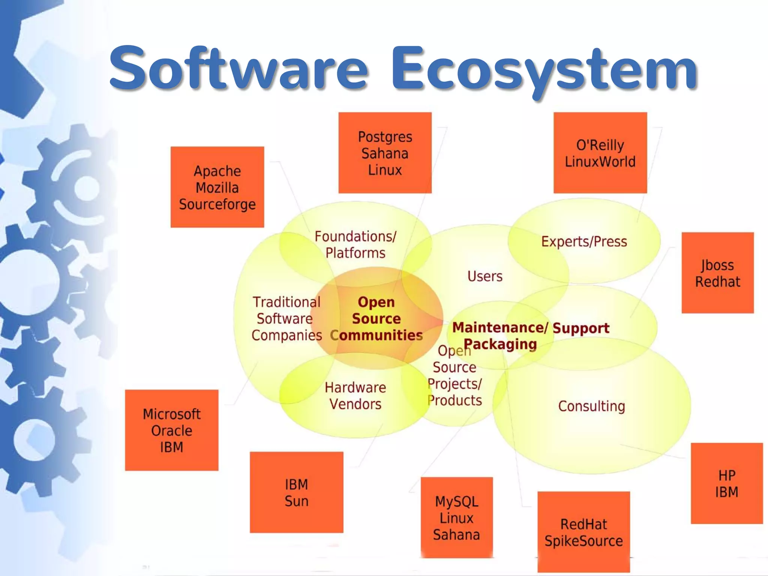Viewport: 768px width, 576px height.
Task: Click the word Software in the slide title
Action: tap(239, 69)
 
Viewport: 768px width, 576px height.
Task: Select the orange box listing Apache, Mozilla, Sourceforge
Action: tap(217, 187)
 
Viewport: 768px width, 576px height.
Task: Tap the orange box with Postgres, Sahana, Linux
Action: tap(385, 153)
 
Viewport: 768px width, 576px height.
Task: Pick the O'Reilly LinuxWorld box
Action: tap(600, 153)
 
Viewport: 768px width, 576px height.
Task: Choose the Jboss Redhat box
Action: tap(717, 273)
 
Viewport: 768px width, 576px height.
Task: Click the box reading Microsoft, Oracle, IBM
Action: tap(171, 430)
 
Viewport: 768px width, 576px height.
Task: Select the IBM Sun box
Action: tap(296, 492)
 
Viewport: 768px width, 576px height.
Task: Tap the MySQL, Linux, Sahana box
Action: tap(456, 518)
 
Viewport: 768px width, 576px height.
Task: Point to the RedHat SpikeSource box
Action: tap(583, 532)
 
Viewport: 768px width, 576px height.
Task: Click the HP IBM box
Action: tap(726, 483)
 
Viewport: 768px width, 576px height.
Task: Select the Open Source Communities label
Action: tap(376, 319)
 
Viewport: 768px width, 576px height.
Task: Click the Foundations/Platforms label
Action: tap(355, 244)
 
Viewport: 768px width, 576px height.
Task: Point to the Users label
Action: tap(485, 276)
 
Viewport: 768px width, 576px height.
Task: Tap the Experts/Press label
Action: tap(584, 241)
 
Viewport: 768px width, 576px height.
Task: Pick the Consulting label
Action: tap(591, 406)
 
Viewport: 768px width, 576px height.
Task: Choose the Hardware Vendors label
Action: tap(355, 396)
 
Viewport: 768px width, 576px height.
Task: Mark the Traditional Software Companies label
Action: tap(286, 319)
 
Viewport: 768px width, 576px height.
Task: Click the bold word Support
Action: tap(581, 328)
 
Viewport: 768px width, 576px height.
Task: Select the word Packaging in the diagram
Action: tap(500, 344)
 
